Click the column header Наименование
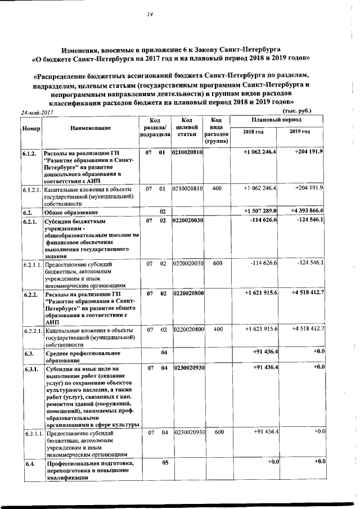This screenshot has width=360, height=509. point(91,128)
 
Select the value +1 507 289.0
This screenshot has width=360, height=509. point(260,211)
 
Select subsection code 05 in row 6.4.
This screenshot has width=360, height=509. point(165,462)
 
